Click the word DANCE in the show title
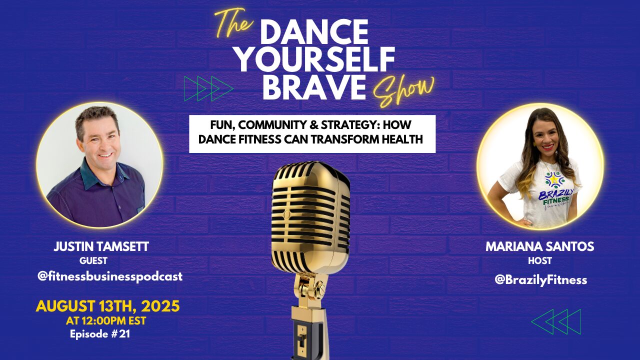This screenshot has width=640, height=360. click(314, 33)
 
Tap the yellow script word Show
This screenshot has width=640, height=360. click(403, 91)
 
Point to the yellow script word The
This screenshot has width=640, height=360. click(233, 23)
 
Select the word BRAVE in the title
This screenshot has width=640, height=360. click(314, 86)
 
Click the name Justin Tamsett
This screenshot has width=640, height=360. click(101, 246)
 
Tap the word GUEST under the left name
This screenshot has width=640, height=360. click(93, 260)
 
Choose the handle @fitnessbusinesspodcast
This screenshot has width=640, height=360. click(110, 276)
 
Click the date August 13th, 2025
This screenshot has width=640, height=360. click(107, 306)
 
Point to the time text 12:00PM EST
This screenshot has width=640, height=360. click(114, 321)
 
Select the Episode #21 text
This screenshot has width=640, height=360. click(100, 333)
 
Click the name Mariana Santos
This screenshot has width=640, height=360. click(539, 246)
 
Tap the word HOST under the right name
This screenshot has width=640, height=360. click(539, 260)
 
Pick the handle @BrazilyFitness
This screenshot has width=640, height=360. click(540, 279)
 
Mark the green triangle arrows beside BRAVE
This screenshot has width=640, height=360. click(209, 88)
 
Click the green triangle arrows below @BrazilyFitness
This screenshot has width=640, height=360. click(556, 321)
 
